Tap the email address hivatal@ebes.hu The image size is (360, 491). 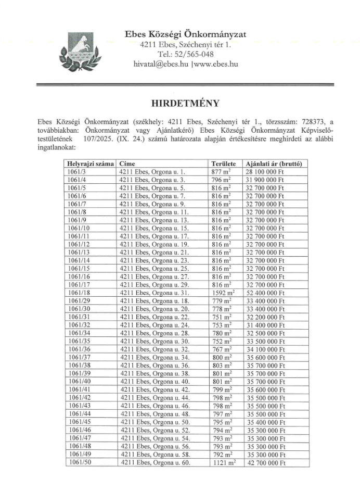pyautogui.click(x=161, y=64)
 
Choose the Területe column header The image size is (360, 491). pyautogui.click(x=224, y=163)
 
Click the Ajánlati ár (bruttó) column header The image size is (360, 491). pyautogui.click(x=274, y=163)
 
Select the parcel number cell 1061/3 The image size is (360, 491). pyautogui.click(x=76, y=171)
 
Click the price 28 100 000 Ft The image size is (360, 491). pyautogui.click(x=265, y=171)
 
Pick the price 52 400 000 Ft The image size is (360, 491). pyautogui.click(x=265, y=293)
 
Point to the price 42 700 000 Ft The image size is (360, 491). pyautogui.click(x=265, y=463)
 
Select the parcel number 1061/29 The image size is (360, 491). pyautogui.click(x=78, y=301)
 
